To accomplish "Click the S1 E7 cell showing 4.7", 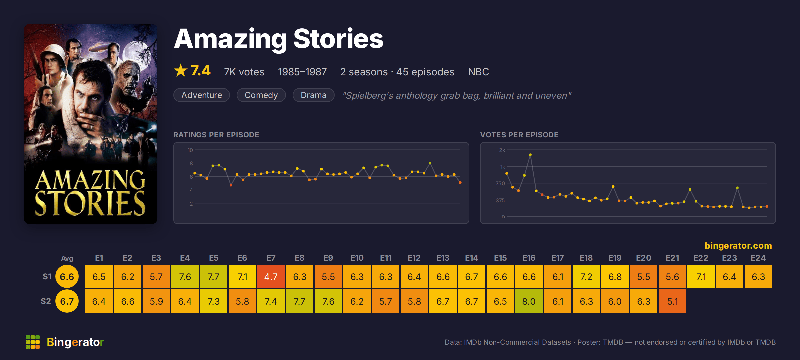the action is (271, 276).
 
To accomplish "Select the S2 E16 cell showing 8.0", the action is (529, 301).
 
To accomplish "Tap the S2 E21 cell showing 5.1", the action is (672, 301).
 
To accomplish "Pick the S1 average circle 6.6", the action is (67, 276).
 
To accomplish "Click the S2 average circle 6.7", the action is (67, 301).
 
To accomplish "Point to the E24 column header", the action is (758, 258).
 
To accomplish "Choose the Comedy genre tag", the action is (261, 95).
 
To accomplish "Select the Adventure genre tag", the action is (202, 95).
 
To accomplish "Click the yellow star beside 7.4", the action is (181, 70).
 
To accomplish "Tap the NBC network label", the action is (478, 72).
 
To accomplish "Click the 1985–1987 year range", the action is (302, 72).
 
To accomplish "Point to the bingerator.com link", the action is (738, 246).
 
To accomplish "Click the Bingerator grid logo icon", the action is (33, 342).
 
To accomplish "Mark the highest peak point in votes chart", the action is (530, 155).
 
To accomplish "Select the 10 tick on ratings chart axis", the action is (190, 150).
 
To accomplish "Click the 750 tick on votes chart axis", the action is (500, 183).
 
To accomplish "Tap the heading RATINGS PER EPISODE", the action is (216, 135).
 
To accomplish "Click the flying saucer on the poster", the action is (101, 49).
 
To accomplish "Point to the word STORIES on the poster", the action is (90, 203).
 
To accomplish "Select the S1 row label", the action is (47, 276).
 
